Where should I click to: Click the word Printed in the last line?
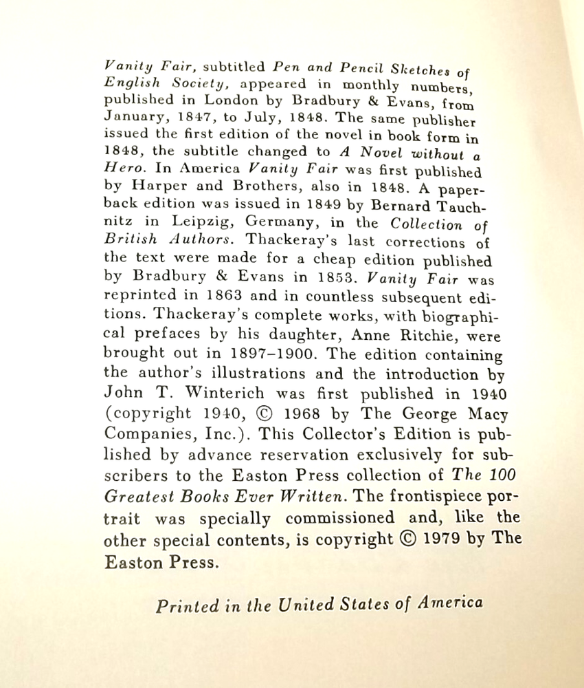[186, 606]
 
